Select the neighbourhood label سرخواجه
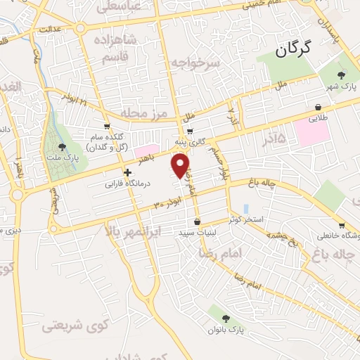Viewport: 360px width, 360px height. pyautogui.click(x=195, y=63)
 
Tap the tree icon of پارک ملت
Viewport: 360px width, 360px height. pyautogui.click(x=63, y=147)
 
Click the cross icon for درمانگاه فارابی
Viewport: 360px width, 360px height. pyautogui.click(x=127, y=172)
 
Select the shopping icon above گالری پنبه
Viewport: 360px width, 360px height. pyautogui.click(x=189, y=131)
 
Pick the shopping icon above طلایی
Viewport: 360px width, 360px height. pyautogui.click(x=320, y=107)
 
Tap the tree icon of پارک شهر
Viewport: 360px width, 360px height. pyautogui.click(x=342, y=76)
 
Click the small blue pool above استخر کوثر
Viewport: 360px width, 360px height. pyautogui.click(x=245, y=210)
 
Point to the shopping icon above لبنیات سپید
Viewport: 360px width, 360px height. pyautogui.click(x=198, y=221)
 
